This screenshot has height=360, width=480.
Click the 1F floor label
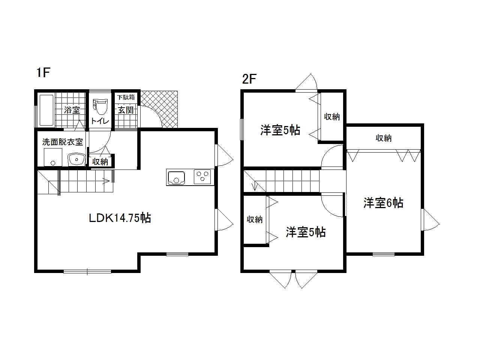(43, 73)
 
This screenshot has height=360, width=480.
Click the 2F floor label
(249, 79)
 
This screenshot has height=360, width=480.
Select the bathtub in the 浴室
(46, 110)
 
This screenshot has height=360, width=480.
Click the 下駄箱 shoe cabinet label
(126, 97)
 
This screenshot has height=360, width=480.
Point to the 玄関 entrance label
(126, 110)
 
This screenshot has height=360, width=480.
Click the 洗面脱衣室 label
(63, 142)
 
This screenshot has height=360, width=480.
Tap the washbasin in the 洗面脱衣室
(76, 159)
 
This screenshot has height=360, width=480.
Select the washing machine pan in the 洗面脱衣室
(53, 157)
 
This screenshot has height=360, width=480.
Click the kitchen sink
(176, 178)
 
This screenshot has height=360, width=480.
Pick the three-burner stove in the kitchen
(202, 177)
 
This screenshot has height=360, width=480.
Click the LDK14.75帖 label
(120, 218)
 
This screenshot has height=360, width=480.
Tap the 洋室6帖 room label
(383, 203)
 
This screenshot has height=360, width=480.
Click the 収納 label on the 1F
(100, 162)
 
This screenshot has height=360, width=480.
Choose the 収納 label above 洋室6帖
(384, 138)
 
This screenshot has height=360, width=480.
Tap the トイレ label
(100, 121)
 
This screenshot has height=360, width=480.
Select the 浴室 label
(72, 110)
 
